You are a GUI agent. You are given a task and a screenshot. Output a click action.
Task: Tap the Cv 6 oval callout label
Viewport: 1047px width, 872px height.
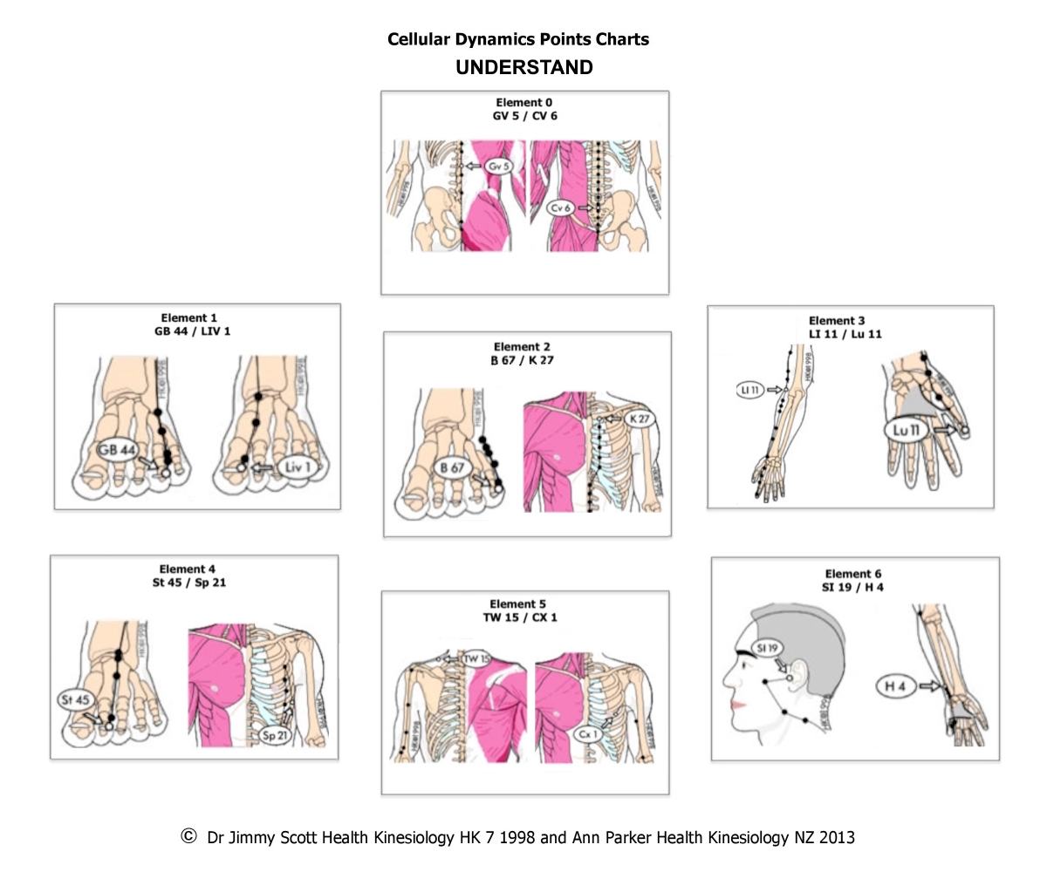tap(561, 208)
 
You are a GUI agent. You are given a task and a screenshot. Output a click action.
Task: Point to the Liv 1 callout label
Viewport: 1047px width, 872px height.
tap(298, 468)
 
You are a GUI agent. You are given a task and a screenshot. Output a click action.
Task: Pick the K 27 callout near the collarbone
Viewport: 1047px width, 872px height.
tap(640, 419)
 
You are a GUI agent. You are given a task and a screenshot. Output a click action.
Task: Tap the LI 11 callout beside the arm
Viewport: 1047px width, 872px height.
tap(749, 391)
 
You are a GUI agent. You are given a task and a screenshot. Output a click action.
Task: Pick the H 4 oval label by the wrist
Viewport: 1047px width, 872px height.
tap(896, 687)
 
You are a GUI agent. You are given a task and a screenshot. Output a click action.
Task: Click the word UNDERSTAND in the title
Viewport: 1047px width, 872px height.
tap(523, 68)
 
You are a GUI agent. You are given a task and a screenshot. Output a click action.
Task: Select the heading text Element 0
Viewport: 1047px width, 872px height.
tap(523, 102)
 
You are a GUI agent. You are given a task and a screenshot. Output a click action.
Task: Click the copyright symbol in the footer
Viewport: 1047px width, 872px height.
tap(188, 836)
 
